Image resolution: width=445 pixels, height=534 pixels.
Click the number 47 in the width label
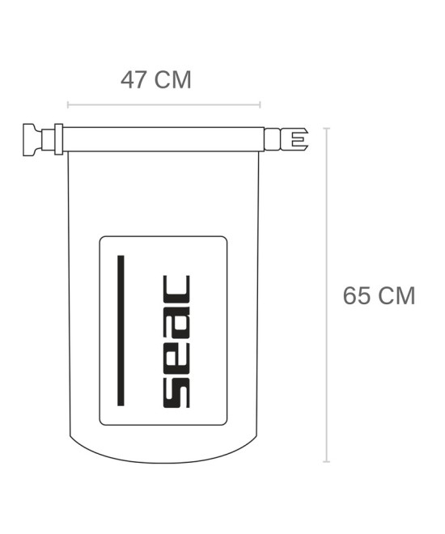pos(133,80)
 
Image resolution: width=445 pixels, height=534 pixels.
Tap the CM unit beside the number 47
pos(172,80)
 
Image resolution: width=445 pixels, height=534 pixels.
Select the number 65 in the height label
pos(357,295)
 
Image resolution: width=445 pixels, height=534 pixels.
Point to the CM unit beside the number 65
pos(396,295)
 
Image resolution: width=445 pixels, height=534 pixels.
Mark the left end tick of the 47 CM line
pos(68,104)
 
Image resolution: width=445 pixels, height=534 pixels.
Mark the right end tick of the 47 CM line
pos(260,104)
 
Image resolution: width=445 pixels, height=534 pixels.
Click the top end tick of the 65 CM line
pos(327,128)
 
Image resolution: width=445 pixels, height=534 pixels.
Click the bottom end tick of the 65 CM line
pos(327,461)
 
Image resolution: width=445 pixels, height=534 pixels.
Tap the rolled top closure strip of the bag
pos(162,138)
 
